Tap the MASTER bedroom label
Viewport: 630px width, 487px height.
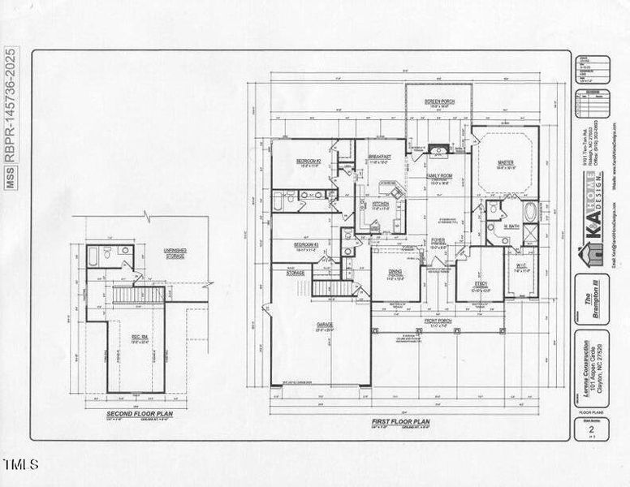[x=505, y=162]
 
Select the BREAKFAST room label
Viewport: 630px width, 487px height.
[x=380, y=157]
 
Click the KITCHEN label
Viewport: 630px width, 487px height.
[x=381, y=204]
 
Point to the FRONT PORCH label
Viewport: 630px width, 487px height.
[x=438, y=321]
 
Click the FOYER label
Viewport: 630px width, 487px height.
[x=438, y=240]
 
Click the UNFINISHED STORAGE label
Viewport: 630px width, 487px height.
[x=175, y=253]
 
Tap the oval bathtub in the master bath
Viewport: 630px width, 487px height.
[x=530, y=213]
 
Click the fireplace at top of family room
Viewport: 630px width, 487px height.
[x=438, y=149]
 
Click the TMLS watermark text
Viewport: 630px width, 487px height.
[x=20, y=465]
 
